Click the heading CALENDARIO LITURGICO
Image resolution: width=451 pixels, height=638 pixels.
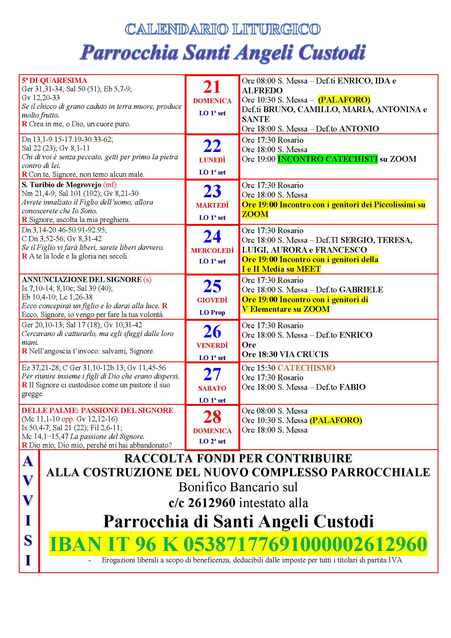click(223, 29)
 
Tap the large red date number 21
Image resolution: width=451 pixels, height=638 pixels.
click(212, 87)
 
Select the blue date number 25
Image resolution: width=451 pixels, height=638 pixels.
click(212, 286)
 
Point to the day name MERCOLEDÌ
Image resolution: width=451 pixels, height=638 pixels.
click(212, 251)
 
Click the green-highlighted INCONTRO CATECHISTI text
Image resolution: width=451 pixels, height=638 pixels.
click(327, 159)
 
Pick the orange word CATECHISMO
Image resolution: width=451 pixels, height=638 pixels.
click(306, 368)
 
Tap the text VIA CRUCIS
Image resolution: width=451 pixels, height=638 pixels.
click(304, 354)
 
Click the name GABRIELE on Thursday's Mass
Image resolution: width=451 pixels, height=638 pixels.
click(361, 290)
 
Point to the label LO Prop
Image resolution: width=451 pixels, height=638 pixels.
click(212, 313)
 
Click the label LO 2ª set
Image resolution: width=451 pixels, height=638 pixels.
click(212, 441)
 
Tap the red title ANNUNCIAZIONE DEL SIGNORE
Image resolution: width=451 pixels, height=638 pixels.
click(82, 280)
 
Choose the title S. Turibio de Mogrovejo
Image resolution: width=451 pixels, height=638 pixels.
click(61, 185)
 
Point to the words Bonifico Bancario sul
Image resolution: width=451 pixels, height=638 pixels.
click(238, 487)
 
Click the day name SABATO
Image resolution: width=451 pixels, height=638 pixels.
click(212, 388)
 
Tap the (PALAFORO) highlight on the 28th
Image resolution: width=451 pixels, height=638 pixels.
click(336, 420)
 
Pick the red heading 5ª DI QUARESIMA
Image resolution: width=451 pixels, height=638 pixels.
click(55, 80)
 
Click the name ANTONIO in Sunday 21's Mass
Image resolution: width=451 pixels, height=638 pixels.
click(359, 129)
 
